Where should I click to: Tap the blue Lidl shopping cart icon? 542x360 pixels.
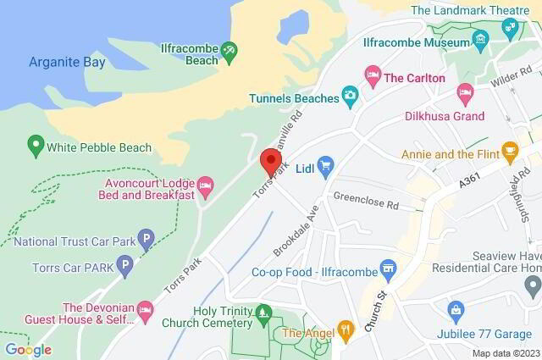(326, 163)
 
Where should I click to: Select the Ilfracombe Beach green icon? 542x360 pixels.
(229, 55)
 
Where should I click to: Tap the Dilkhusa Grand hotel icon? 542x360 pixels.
(464, 92)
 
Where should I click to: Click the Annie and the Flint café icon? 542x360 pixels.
(510, 152)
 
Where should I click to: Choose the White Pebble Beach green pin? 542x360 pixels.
(36, 146)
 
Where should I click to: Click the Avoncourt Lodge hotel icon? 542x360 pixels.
(204, 185)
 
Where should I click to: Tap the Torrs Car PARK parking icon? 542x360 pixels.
(125, 269)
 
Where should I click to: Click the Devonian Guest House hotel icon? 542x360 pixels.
(146, 312)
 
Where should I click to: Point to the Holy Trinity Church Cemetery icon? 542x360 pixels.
(263, 313)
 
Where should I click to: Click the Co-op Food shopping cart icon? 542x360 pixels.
(389, 272)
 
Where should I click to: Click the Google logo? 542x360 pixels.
(28, 349)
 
